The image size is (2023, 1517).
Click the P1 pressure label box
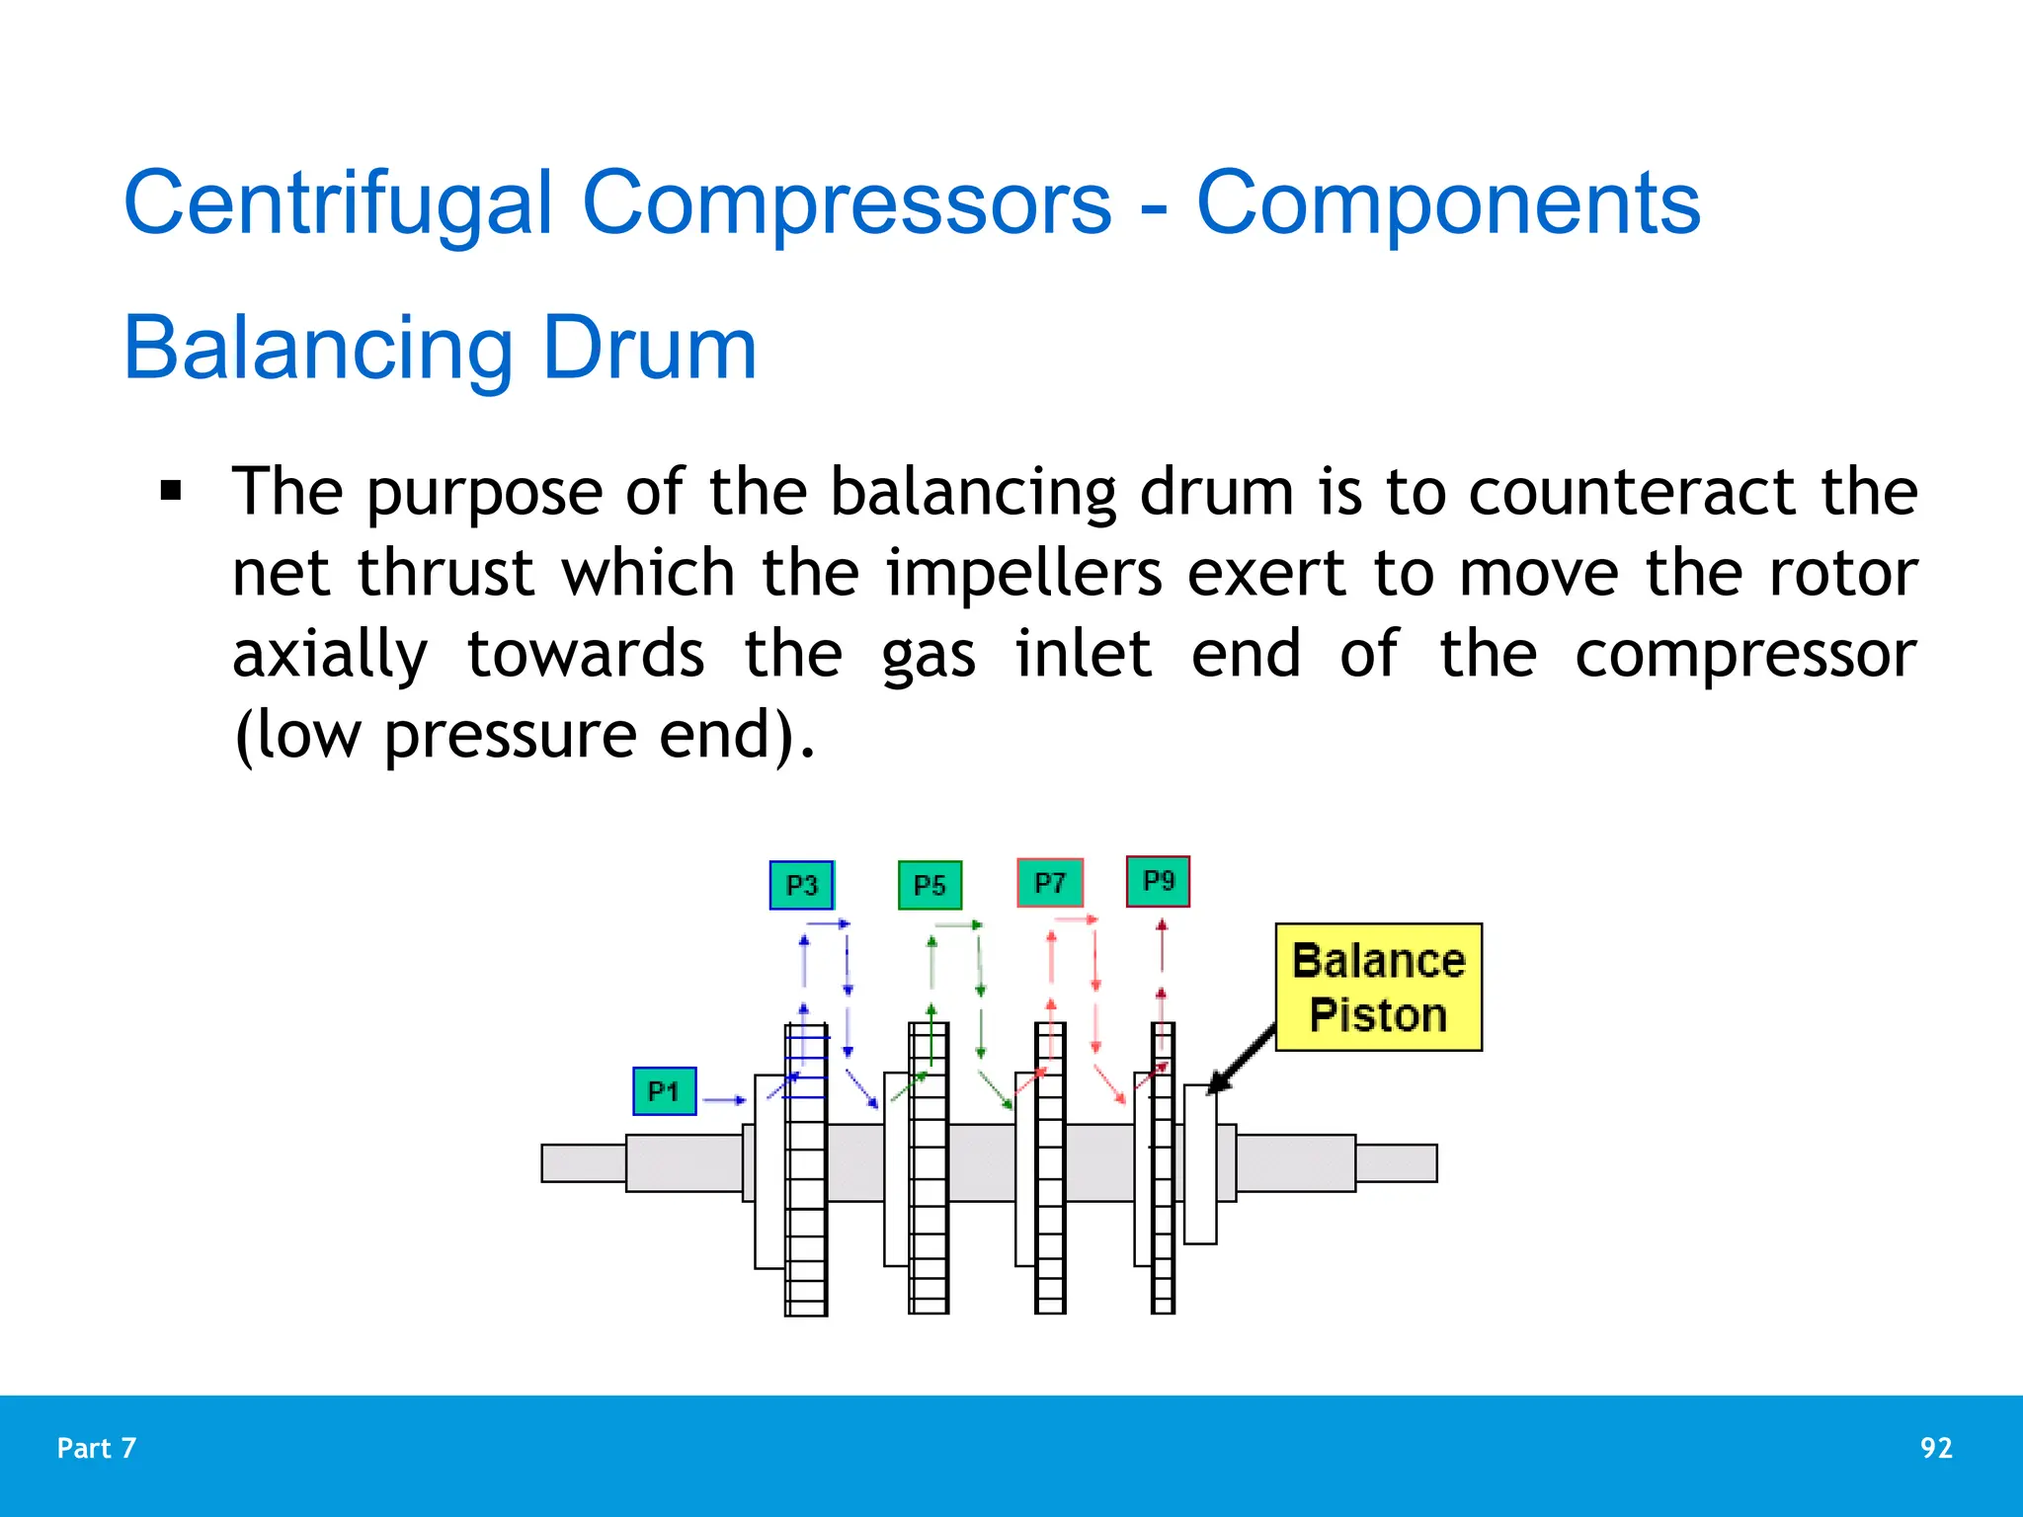point(664,1091)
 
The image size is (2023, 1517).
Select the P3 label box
point(801,885)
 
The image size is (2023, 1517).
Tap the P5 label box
point(930,885)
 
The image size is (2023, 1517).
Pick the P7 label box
point(1050,883)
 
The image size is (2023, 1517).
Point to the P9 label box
point(1158,881)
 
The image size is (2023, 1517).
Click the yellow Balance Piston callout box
point(1378,987)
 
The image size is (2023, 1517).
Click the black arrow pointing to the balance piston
point(1243,1059)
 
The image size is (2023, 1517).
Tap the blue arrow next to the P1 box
point(724,1099)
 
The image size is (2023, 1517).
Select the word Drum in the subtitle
point(649,348)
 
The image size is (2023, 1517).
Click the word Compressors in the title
point(847,202)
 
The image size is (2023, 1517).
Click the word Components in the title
point(1448,202)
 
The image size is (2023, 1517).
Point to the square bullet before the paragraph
point(171,491)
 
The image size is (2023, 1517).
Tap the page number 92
point(1935,1448)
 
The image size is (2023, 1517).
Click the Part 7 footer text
point(96,1448)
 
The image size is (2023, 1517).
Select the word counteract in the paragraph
point(1632,491)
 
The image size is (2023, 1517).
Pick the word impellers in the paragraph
point(1023,573)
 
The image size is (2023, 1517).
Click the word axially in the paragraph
point(330,655)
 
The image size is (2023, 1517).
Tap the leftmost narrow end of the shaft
point(583,1162)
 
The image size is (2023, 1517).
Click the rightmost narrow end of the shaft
point(1395,1162)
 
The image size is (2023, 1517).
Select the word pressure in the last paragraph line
point(510,736)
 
